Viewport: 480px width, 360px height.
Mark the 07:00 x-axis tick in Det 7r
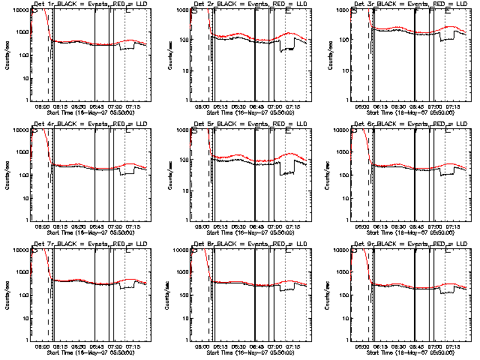(114, 346)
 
